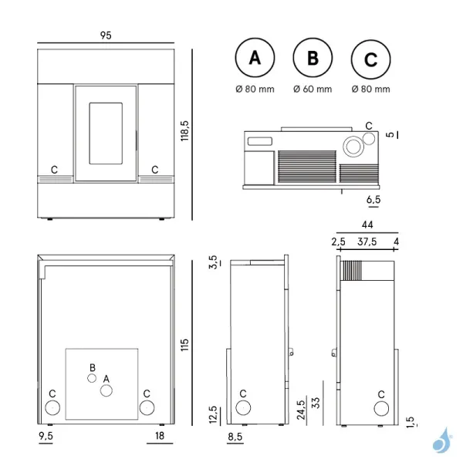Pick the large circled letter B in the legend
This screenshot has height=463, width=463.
(312, 59)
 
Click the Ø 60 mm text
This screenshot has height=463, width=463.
(313, 90)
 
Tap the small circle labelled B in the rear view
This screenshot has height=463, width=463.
(91, 378)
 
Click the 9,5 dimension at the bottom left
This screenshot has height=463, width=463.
(46, 437)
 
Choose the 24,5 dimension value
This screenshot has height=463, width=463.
(300, 406)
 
